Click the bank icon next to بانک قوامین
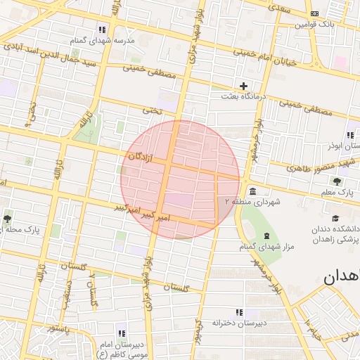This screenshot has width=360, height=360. [314, 13]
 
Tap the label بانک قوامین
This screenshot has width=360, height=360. [311, 25]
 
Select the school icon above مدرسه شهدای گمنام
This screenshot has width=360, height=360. [103, 30]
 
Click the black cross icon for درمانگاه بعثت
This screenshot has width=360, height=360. [244, 86]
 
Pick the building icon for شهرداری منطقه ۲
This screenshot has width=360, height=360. [252, 191]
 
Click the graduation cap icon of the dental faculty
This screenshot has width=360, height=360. [335, 218]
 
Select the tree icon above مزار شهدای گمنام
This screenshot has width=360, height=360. [266, 236]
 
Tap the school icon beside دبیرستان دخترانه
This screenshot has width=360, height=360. [239, 312]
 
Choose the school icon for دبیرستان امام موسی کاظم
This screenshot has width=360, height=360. [122, 333]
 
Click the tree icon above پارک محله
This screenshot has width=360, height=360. [8, 219]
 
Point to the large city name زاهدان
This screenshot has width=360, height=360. [342, 277]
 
